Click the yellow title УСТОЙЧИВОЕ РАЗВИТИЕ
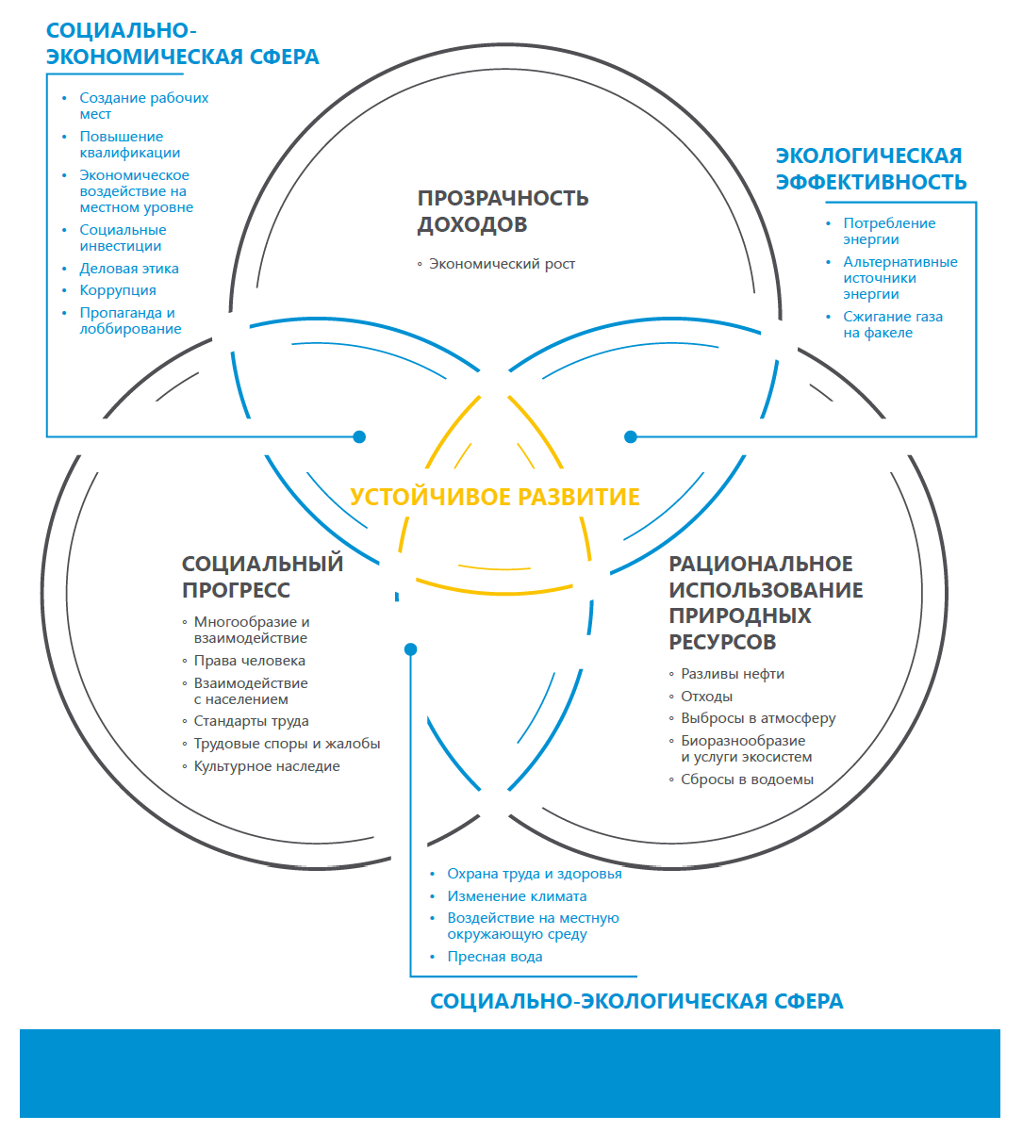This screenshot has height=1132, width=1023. [x=495, y=497]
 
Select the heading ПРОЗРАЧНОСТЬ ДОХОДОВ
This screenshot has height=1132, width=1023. [x=503, y=211]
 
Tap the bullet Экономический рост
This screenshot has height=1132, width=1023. [x=502, y=264]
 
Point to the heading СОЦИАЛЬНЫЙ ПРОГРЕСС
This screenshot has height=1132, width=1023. [x=262, y=577]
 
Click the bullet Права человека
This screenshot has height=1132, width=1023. [x=249, y=661]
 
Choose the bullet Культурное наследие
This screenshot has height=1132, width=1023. [x=266, y=766]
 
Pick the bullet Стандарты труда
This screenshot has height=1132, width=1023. [x=251, y=721]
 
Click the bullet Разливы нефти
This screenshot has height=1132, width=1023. [x=732, y=674]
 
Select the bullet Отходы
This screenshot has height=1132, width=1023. [x=706, y=697]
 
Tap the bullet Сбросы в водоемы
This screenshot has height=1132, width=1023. [x=747, y=779]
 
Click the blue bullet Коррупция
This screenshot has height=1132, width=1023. [x=118, y=290]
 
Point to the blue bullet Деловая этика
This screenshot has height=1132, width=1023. [x=129, y=269]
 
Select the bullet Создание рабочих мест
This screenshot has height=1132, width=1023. [x=143, y=106]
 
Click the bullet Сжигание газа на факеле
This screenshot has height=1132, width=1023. [x=892, y=324]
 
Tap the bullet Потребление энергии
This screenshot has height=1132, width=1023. [x=888, y=231]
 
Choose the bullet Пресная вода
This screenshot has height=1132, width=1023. [x=494, y=957]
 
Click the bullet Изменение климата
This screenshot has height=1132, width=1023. [x=517, y=896]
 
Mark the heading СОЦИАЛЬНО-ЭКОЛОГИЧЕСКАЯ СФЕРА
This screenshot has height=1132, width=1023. [x=636, y=1002]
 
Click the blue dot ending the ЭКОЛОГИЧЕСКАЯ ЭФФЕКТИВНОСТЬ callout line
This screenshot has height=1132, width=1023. [x=631, y=436]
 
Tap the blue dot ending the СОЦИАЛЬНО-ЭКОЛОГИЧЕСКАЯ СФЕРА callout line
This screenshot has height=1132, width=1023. [x=410, y=649]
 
